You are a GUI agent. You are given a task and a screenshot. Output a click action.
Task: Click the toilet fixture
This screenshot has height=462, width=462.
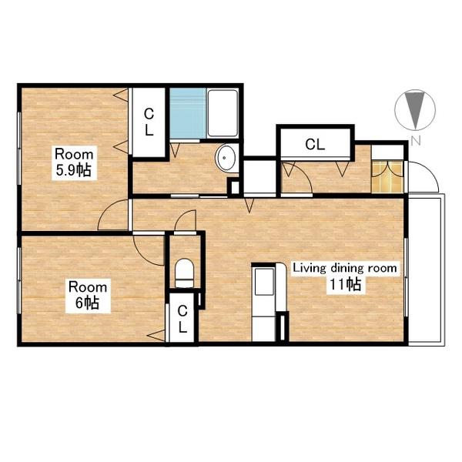(x=185, y=273)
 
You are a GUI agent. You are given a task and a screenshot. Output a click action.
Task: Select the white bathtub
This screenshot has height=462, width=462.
(x=223, y=113)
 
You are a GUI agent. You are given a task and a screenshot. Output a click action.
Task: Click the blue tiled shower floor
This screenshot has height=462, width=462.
(x=188, y=113)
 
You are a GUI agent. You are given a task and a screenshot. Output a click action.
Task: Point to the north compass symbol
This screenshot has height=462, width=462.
(x=415, y=109)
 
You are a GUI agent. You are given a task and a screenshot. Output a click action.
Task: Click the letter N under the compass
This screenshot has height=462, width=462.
(x=416, y=141)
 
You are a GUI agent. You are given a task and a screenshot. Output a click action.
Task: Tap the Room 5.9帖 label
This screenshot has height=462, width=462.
(x=74, y=162)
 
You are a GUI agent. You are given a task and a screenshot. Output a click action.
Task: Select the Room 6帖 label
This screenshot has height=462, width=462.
(x=88, y=296)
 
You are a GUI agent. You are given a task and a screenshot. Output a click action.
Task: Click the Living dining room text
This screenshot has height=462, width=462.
(x=345, y=268)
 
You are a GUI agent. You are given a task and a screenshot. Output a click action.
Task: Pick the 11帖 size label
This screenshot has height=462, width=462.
(x=345, y=285)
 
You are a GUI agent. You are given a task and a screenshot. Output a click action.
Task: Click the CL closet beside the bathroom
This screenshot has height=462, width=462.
(x=149, y=122)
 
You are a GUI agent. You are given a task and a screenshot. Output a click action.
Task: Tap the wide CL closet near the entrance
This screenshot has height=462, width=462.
(x=315, y=144)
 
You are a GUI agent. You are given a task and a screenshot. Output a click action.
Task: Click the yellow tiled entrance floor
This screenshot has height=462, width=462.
(x=387, y=177)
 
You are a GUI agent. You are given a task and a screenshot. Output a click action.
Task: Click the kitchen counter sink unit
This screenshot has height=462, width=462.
(x=264, y=303)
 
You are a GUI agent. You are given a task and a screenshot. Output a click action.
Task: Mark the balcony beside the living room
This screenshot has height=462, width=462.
(x=426, y=269)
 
